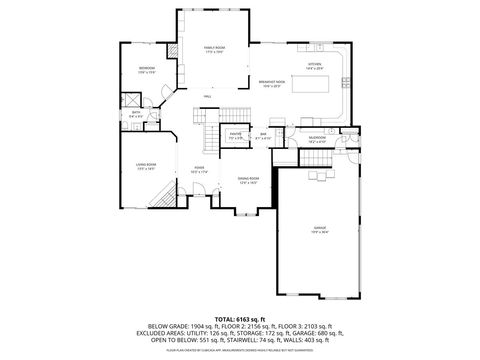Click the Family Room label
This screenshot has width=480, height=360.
(213, 47)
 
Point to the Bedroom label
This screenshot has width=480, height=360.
(146, 68)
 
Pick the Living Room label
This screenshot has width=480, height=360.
(146, 167)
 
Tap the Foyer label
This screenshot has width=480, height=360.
(199, 169)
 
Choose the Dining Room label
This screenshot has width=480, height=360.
(248, 180)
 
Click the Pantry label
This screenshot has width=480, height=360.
(235, 134)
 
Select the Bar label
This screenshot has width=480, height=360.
(264, 134)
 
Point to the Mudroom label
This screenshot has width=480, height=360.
(317, 139)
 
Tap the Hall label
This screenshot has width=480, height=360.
(206, 96)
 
